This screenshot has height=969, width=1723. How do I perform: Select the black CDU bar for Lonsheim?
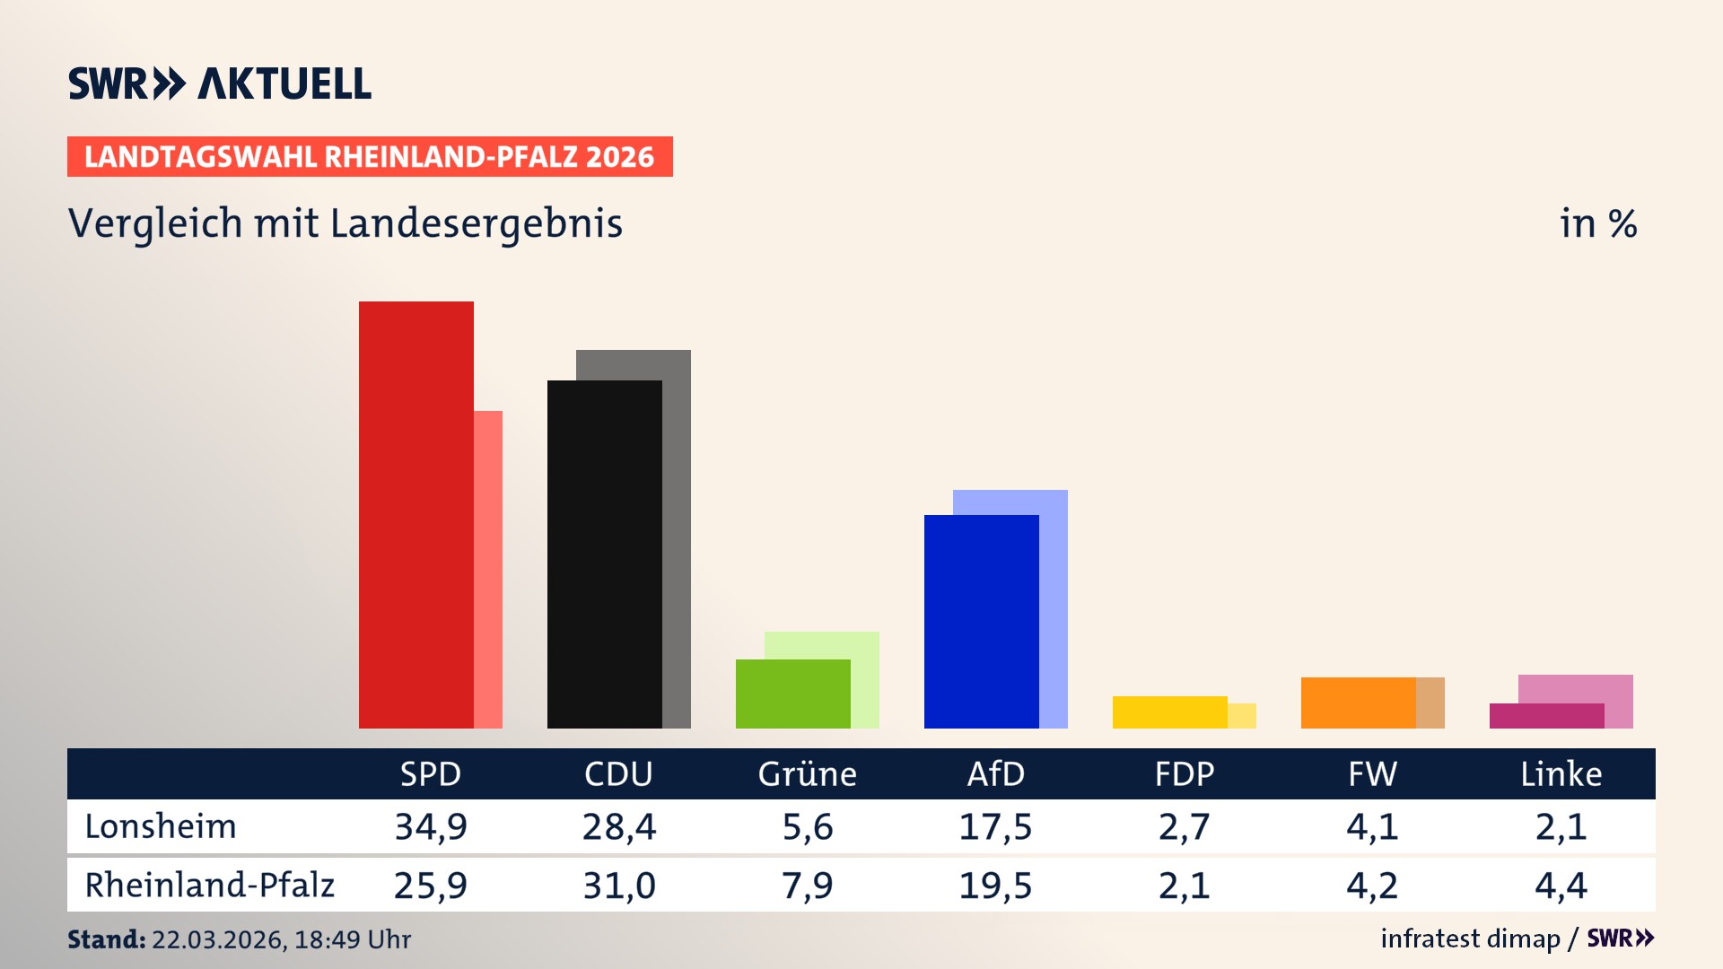(x=604, y=554)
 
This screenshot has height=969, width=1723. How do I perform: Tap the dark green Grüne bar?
(x=792, y=694)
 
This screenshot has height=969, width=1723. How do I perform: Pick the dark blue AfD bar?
(x=981, y=621)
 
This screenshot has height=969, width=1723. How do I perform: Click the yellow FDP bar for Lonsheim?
(x=1169, y=712)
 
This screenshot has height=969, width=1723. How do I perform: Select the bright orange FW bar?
(x=1358, y=703)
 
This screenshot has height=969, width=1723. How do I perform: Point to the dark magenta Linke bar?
(x=1546, y=716)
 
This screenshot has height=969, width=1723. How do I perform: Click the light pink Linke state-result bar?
(x=1576, y=688)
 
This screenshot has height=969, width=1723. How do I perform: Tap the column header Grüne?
(x=807, y=773)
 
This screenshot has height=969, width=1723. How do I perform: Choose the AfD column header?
(x=995, y=773)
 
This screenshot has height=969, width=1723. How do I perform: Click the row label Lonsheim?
(x=161, y=826)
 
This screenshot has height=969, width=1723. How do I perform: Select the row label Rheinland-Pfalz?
(x=209, y=886)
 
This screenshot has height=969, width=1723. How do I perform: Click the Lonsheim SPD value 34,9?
(x=431, y=826)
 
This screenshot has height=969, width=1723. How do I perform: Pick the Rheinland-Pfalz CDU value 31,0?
(x=619, y=886)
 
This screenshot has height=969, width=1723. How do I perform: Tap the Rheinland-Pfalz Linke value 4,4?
(x=1561, y=886)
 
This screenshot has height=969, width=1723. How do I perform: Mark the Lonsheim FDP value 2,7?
(x=1184, y=826)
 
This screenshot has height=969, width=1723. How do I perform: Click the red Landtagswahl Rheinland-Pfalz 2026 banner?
(x=370, y=157)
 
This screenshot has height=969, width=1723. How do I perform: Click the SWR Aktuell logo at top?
(x=220, y=83)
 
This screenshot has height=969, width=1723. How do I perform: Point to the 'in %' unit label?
(x=1597, y=223)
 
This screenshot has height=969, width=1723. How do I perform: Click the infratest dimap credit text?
(x=1470, y=938)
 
